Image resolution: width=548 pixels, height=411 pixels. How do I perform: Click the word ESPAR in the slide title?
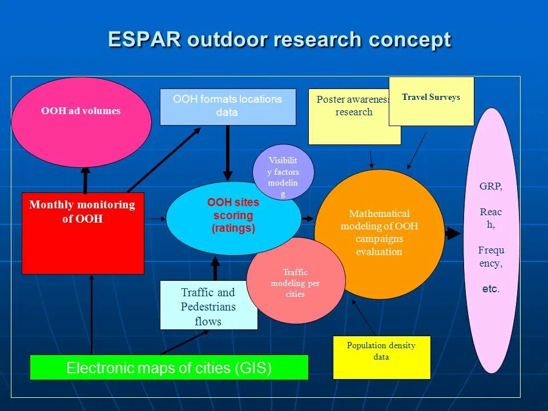(x=144, y=40)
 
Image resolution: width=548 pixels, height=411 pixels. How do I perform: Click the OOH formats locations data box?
(x=227, y=106)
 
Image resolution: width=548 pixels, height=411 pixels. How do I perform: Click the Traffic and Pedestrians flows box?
(x=208, y=307)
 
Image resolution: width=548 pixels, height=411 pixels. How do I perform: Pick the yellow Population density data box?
(x=381, y=357)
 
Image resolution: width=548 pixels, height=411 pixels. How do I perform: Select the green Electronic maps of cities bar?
(x=168, y=368)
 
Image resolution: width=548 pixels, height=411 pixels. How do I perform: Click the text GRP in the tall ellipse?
(x=491, y=187)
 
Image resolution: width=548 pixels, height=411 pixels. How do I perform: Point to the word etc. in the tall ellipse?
(x=491, y=289)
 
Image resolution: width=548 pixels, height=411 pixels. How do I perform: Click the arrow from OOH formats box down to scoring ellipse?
(x=228, y=152)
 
